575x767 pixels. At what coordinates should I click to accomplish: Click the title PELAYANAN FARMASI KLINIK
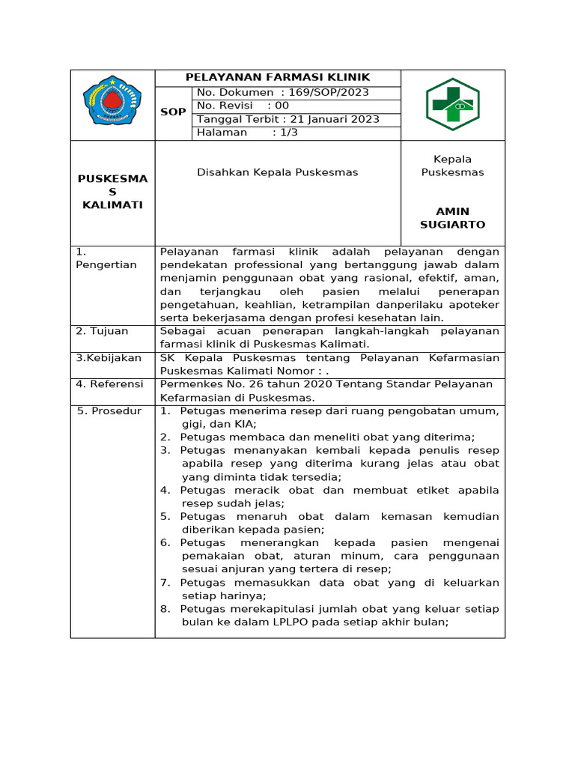pos(278,78)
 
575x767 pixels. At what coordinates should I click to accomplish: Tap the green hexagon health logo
pos(452,104)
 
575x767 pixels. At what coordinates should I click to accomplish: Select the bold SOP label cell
pos(173,112)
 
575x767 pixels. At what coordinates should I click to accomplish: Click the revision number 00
pos(282,106)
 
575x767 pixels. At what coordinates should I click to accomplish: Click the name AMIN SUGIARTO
pos(452,218)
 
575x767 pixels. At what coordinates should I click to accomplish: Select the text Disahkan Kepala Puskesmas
pos(277,172)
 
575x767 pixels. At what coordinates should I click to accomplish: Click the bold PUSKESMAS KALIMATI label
pos(113,192)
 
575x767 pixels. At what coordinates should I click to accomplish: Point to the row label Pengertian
pos(106,265)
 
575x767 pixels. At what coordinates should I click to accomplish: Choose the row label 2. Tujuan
pos(102,331)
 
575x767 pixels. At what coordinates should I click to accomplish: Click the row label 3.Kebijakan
pos(109,358)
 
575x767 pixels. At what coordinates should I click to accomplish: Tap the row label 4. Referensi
pos(109,384)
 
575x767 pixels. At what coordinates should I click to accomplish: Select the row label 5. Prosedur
pos(109,411)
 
